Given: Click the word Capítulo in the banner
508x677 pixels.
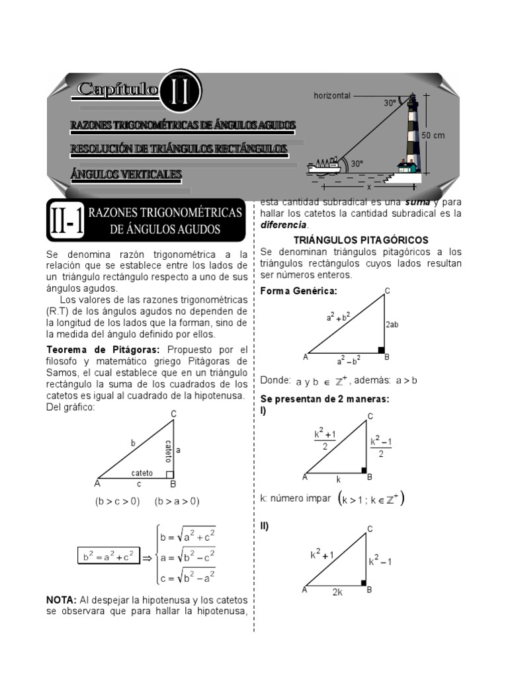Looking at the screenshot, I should point(118,89).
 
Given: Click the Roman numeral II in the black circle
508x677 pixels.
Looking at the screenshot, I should point(180,91).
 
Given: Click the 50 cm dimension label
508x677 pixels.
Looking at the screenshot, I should point(433,135).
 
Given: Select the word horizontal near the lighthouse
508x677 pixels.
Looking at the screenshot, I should point(332,95).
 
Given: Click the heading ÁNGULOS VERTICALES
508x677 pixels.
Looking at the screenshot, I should point(126,175).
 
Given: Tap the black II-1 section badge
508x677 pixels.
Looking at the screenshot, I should point(65,221).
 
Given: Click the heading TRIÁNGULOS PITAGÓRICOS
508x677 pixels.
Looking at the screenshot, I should point(360,239).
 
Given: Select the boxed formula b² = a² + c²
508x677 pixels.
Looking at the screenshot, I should point(108,557).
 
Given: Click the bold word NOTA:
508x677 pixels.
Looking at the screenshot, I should point(62,600).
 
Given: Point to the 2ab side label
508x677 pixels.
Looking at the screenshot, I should point(392,325).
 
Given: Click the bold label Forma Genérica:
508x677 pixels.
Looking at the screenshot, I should point(299,291).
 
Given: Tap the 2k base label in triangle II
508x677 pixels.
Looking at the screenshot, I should point(337,593).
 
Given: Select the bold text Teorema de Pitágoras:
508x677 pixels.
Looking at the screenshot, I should point(105,349).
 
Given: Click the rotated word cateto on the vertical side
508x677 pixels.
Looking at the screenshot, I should point(169,451).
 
